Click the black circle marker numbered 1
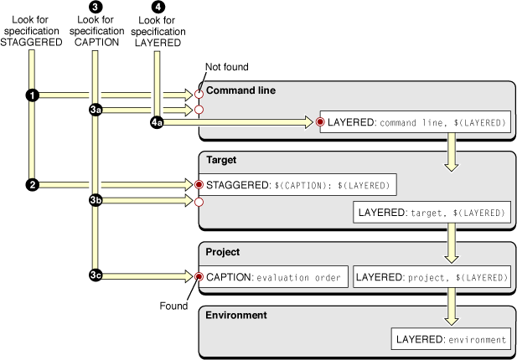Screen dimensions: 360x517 click(32, 95)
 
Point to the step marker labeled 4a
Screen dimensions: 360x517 click(157, 122)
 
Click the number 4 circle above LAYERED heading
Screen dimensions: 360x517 click(157, 7)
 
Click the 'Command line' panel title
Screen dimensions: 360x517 click(240, 90)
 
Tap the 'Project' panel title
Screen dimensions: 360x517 click(225, 250)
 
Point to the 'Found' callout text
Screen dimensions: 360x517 click(173, 305)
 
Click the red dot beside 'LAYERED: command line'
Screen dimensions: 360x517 click(321, 122)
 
